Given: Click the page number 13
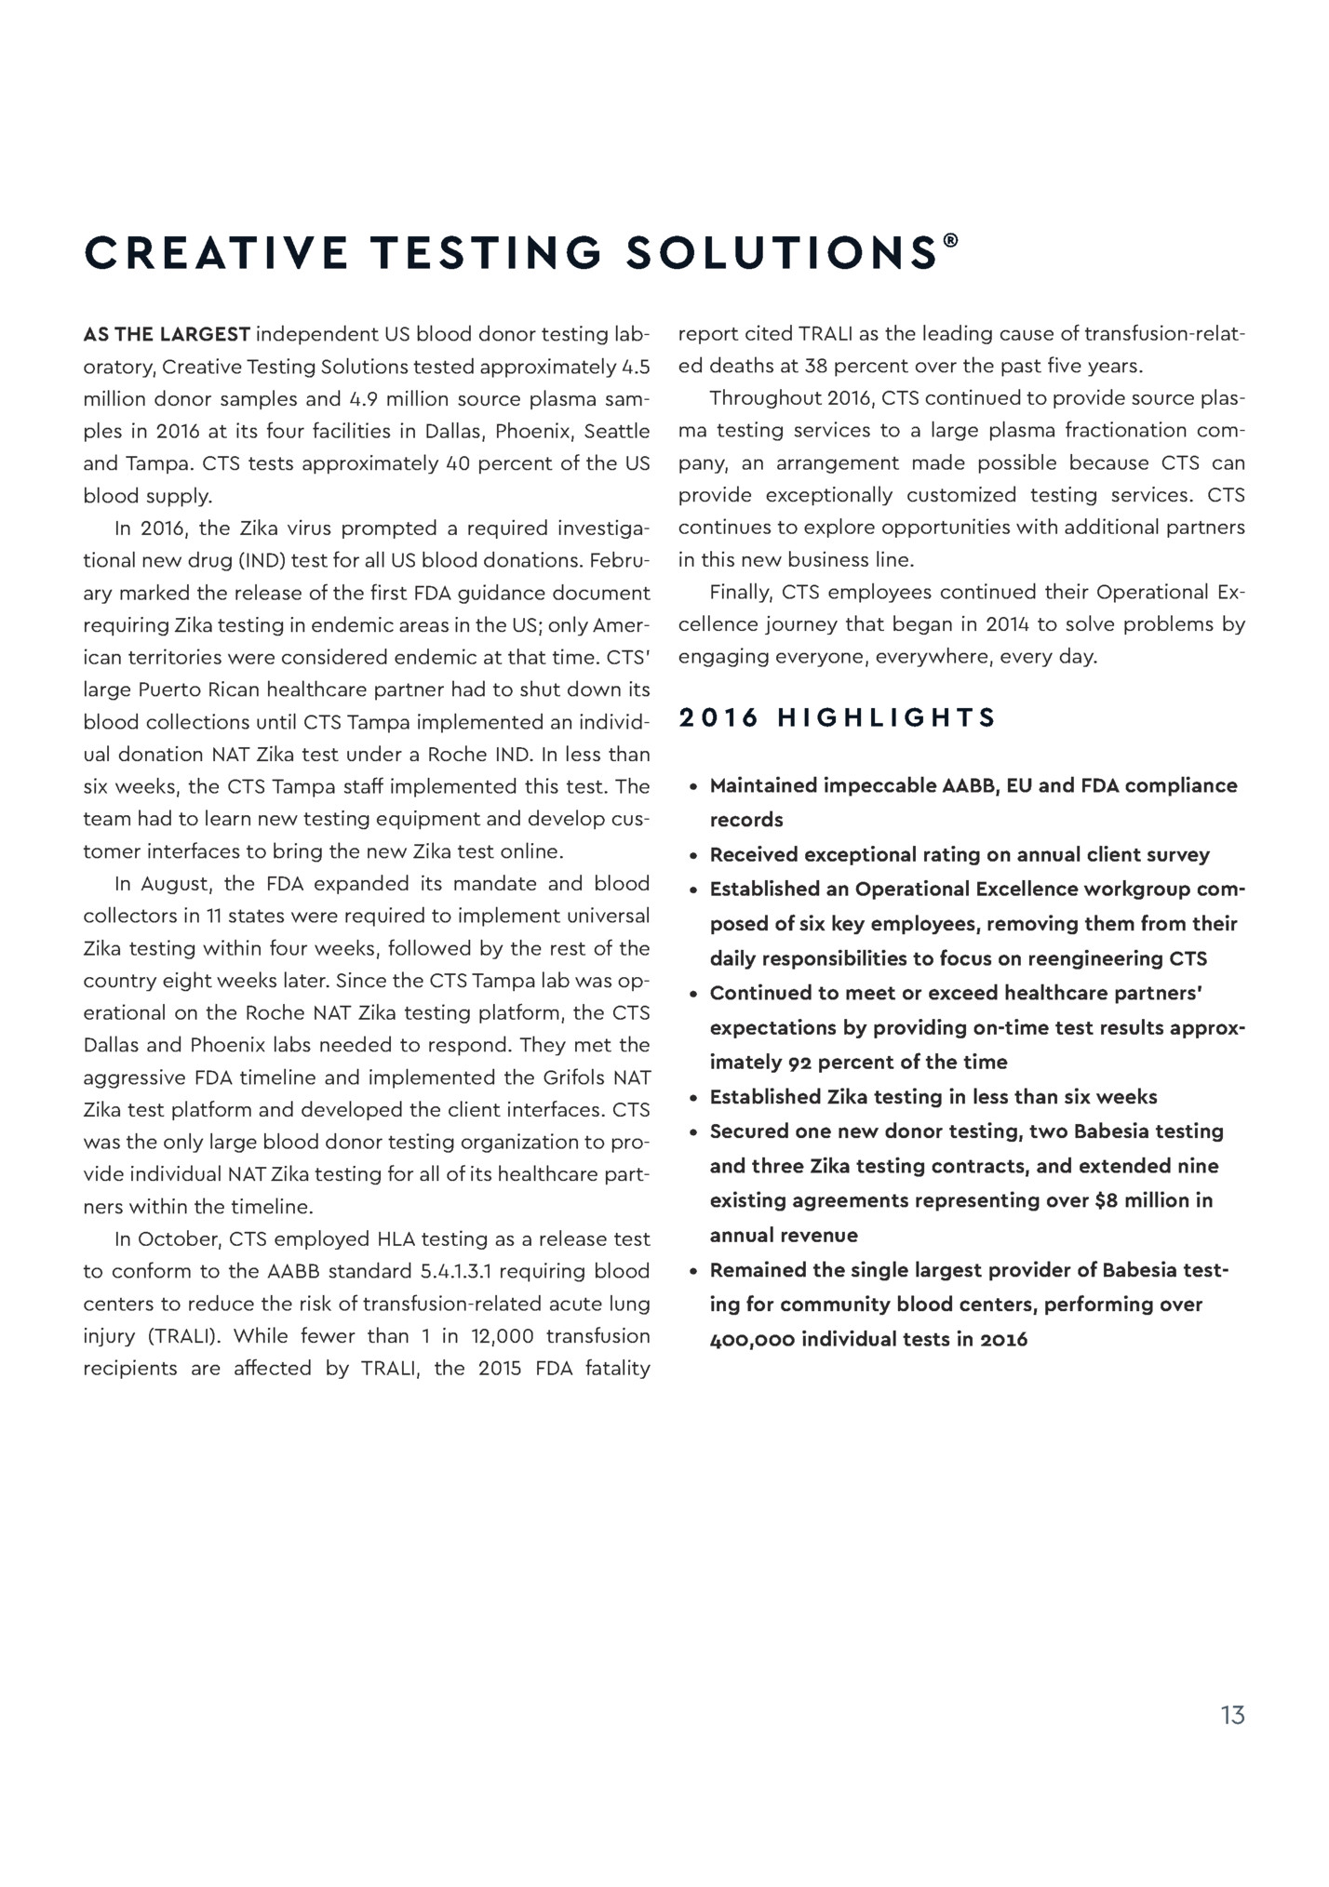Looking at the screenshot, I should (1232, 1715).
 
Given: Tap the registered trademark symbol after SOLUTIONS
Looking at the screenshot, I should (950, 240).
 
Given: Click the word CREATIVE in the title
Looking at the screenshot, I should (215, 253).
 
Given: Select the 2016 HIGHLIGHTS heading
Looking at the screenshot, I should (838, 717).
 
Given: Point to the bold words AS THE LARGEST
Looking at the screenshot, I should (167, 334).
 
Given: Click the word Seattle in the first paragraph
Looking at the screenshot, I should (616, 432).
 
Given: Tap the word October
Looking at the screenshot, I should (181, 1239).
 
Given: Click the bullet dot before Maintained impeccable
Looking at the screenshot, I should (693, 787).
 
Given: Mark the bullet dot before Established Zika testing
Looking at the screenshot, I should (693, 1098).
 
